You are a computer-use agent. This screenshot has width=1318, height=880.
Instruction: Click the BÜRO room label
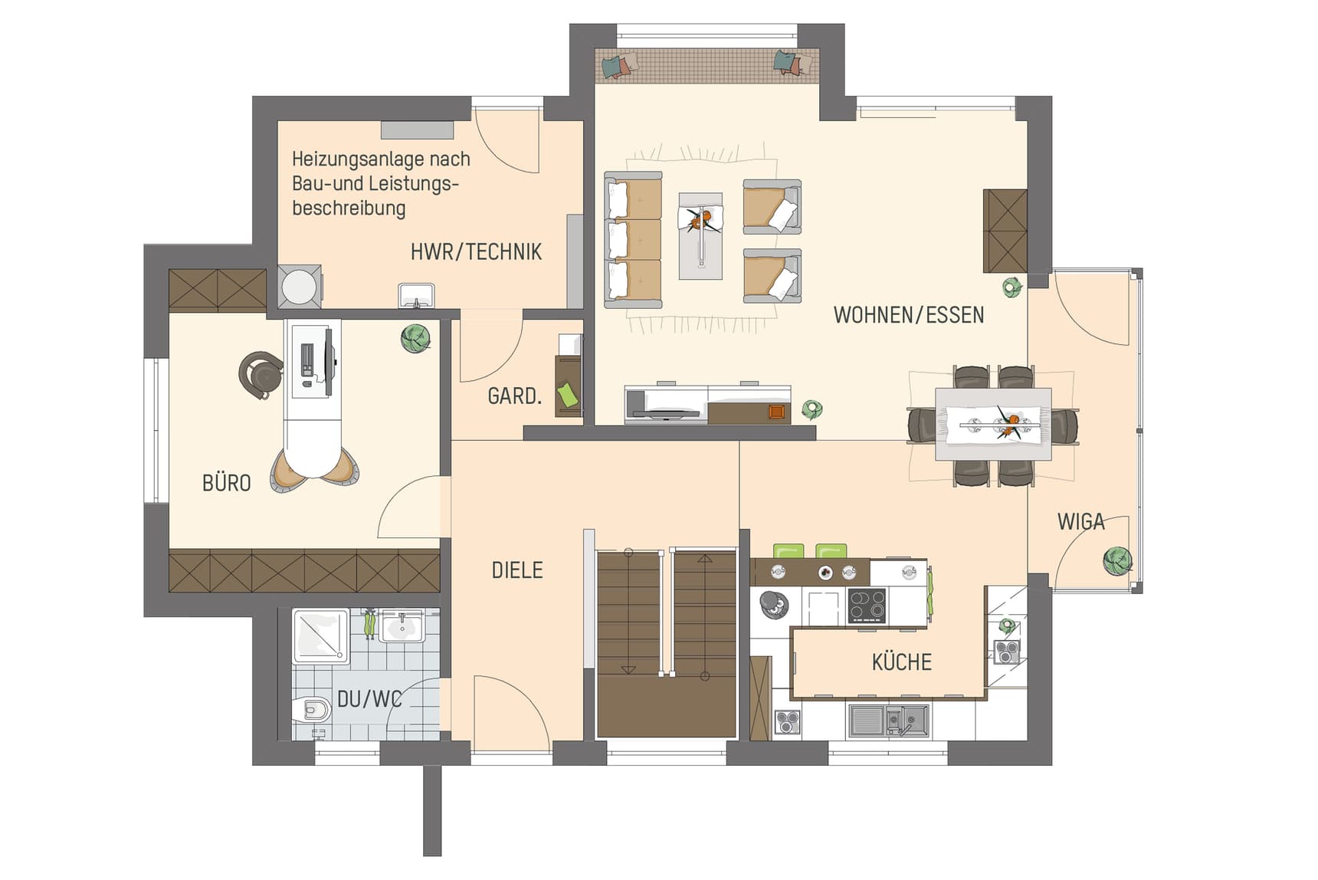click(227, 483)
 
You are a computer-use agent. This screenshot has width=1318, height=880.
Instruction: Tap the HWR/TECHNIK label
click(476, 251)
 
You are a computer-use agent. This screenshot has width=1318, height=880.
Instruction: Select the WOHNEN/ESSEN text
click(909, 314)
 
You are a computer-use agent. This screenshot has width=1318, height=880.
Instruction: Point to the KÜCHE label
click(902, 662)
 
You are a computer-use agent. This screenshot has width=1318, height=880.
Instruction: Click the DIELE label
click(517, 570)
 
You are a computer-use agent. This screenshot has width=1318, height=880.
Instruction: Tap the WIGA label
click(1081, 521)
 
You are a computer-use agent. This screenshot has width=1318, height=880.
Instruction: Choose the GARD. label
click(514, 396)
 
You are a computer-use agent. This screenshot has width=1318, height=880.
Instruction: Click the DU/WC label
click(369, 699)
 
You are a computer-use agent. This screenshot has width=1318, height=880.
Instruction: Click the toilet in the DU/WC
click(311, 710)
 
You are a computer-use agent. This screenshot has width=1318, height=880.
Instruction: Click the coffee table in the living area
click(700, 236)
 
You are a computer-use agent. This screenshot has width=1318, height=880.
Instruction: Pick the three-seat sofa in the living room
click(633, 240)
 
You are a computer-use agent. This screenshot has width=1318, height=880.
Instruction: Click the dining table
click(993, 424)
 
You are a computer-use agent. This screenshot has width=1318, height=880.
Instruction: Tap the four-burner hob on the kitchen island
click(867, 606)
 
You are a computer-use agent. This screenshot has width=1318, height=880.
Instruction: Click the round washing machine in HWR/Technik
click(299, 287)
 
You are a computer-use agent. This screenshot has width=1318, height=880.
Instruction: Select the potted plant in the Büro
click(415, 338)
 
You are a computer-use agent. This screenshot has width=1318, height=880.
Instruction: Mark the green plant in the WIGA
click(1117, 561)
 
